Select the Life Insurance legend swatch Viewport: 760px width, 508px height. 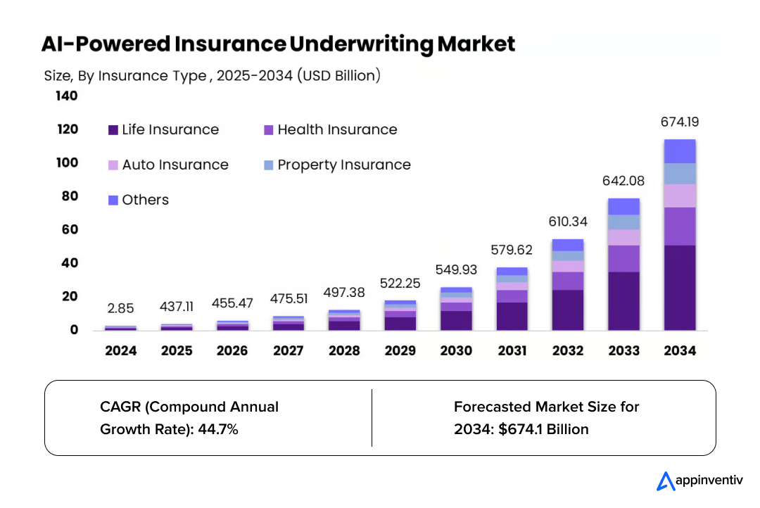(113, 130)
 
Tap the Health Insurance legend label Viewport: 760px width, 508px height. (337, 130)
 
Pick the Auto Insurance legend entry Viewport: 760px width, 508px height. (168, 165)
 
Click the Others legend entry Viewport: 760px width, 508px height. (139, 200)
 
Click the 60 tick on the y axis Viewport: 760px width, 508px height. (70, 229)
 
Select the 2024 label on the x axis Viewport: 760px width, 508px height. (120, 350)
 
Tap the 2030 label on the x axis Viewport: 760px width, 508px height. (456, 350)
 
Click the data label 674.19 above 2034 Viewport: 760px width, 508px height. (679, 122)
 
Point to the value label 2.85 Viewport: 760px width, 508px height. (120, 308)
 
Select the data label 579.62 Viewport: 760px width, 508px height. (512, 250)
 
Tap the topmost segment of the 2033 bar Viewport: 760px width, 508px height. (623, 206)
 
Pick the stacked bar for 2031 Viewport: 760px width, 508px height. (512, 299)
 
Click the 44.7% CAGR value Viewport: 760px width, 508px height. (219, 429)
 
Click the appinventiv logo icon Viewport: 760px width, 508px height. (665, 481)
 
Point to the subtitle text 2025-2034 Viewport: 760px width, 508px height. (254, 76)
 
